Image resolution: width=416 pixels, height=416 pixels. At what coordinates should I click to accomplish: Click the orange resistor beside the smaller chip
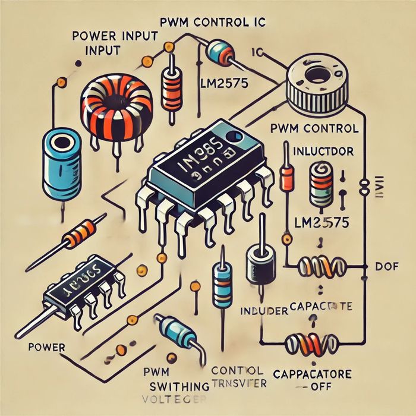[78, 235]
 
